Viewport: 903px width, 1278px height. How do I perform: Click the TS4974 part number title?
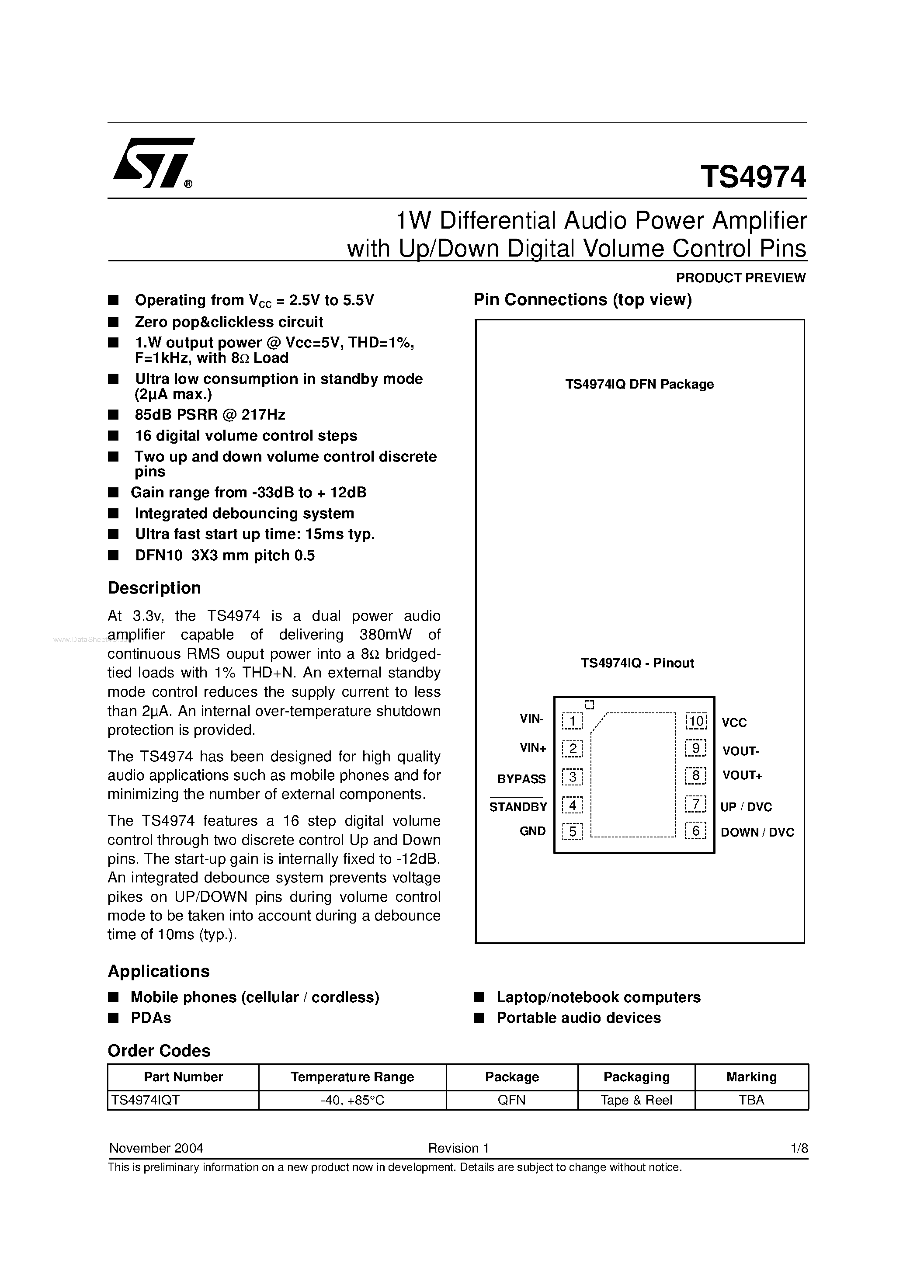point(753,177)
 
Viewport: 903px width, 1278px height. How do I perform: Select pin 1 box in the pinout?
point(572,721)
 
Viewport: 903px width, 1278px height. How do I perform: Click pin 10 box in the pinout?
point(696,721)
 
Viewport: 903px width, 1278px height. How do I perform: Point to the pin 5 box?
point(572,832)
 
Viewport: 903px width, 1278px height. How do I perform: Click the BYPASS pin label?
point(521,779)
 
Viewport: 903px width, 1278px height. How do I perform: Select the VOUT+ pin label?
point(742,775)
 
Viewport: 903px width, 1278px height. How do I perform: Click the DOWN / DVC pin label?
point(757,833)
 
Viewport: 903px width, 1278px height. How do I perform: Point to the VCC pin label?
point(734,723)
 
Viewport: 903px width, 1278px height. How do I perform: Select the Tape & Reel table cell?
point(636,1100)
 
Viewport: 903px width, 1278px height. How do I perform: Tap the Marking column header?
point(751,1077)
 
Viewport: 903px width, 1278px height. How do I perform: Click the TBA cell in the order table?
point(751,1100)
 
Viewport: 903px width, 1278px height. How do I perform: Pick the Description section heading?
point(154,588)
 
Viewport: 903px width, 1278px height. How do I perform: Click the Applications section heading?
point(159,971)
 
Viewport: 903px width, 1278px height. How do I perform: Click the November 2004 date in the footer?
point(156,1148)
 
